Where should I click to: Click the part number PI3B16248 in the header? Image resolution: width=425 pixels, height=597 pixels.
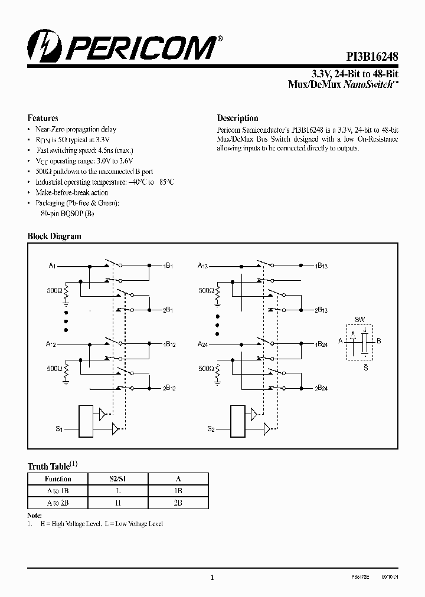coord(371,55)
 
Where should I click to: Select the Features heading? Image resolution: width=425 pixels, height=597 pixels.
coord(43,118)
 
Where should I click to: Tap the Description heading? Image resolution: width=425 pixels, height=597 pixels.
coord(237,118)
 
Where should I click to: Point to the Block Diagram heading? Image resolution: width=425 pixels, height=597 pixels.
coord(54,236)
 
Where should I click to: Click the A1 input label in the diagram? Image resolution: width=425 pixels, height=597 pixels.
coord(52,266)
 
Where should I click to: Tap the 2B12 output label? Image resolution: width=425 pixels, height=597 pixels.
coord(169,388)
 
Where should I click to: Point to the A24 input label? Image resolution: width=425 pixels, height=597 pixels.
coord(202,344)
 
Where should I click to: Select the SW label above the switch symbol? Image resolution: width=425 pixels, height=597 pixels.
coord(359,319)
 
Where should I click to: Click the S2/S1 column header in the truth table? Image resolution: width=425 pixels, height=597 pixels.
coord(119,479)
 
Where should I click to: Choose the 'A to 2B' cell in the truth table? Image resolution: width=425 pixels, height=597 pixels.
coord(58,503)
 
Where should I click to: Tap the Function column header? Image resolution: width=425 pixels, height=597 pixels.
coord(58,479)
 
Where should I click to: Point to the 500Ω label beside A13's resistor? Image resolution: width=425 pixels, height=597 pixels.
coord(206,291)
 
